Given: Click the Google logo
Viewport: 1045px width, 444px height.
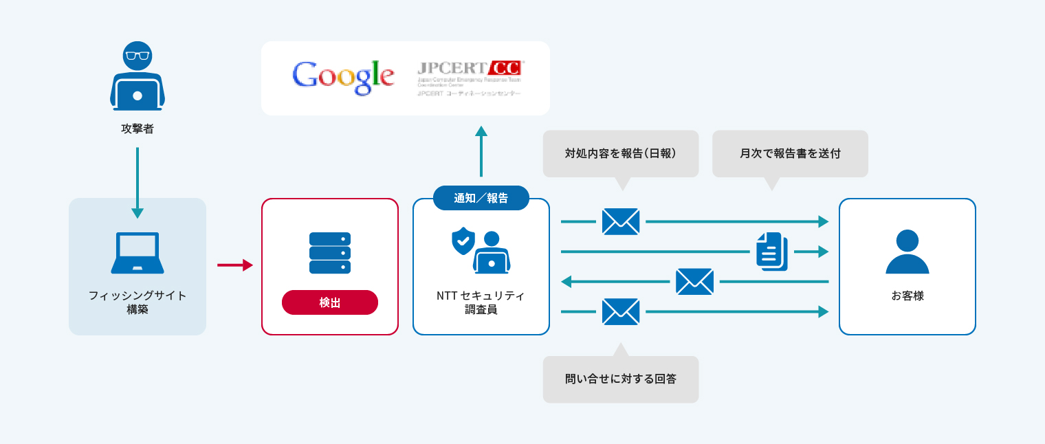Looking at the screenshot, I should point(343,77).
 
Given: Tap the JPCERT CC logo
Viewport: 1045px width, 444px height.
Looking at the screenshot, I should point(470,77).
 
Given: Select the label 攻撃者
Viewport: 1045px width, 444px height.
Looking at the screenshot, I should point(137,129).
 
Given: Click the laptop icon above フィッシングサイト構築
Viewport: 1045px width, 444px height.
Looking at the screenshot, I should point(137,252).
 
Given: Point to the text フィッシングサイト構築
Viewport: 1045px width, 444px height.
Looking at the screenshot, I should point(137,302).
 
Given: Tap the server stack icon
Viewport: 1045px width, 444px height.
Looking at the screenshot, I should point(330,253).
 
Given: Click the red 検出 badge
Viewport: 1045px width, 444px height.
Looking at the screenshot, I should point(330,302).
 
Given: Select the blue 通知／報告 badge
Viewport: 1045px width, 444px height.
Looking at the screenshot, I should point(481,198).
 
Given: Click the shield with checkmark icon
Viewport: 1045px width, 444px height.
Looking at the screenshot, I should point(463,241).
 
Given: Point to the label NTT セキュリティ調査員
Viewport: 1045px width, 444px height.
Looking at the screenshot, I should point(481,302).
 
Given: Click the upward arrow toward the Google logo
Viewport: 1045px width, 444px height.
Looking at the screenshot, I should point(481,151).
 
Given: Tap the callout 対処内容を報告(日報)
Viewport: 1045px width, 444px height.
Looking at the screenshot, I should point(621,153).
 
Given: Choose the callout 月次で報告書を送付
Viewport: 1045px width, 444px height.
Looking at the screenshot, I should point(790,153).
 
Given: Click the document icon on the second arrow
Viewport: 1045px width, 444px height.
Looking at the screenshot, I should point(771,252).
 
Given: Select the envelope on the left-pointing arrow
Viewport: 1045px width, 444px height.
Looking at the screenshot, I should point(694,282).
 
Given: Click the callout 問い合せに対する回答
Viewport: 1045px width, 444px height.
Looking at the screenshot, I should point(621,379).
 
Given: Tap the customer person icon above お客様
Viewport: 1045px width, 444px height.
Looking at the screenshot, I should point(907,252).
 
